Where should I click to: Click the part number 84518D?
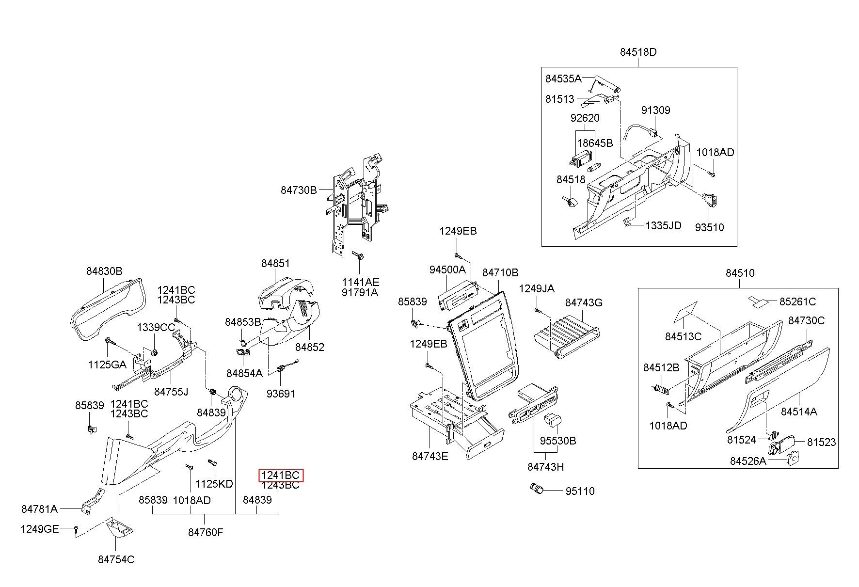pyautogui.click(x=638, y=52)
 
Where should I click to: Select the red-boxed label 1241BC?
pyautogui.click(x=281, y=476)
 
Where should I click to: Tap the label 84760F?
pyautogui.click(x=206, y=532)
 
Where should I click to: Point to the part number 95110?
pyautogui.click(x=580, y=491)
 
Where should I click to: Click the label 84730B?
pyautogui.click(x=299, y=190)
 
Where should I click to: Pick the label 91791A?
pyautogui.click(x=360, y=292)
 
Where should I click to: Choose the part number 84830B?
pyautogui.click(x=105, y=271)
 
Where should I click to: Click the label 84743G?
pyautogui.click(x=584, y=303)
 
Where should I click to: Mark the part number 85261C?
pyautogui.click(x=797, y=301)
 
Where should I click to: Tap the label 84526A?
pyautogui.click(x=748, y=460)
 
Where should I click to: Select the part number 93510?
pyautogui.click(x=709, y=227)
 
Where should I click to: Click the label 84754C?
pyautogui.click(x=116, y=559)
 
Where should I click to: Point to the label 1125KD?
pyautogui.click(x=214, y=484)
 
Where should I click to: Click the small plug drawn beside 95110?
pyautogui.click(x=538, y=489)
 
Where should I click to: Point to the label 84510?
pyautogui.click(x=740, y=273)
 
